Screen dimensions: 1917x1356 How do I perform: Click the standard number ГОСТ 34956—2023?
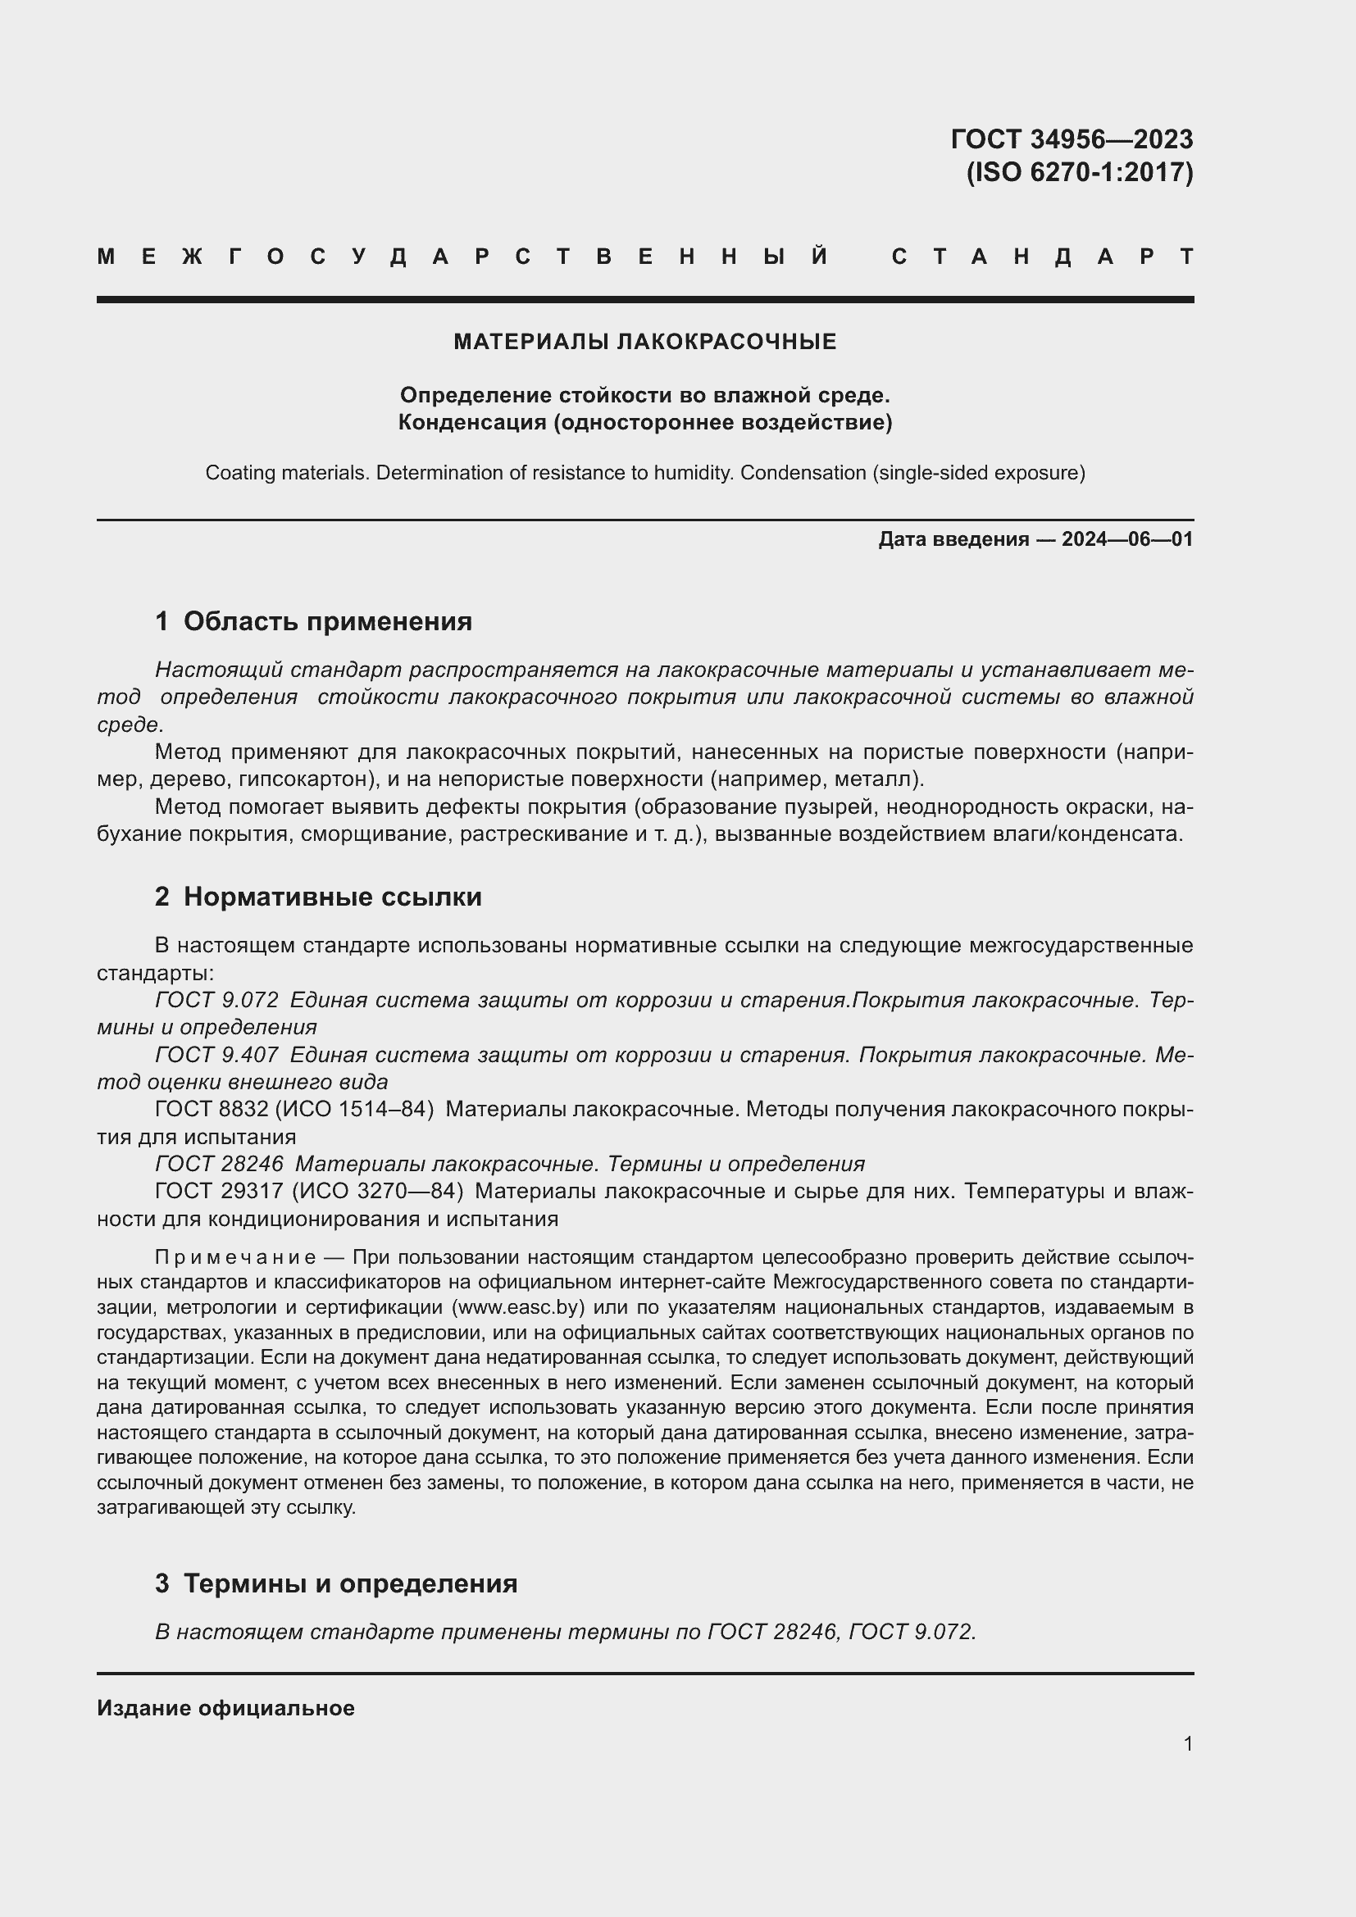pos(1072,139)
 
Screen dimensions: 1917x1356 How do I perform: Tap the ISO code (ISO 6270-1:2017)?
pos(1080,173)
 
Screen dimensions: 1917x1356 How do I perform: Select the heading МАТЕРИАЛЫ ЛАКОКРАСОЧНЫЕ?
pos(644,342)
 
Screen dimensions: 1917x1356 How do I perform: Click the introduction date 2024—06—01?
pos(1127,539)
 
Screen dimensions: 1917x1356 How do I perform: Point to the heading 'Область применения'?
pos(327,621)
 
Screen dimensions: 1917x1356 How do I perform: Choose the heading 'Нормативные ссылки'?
pos(332,897)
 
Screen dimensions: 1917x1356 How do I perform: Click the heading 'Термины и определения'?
pos(350,1583)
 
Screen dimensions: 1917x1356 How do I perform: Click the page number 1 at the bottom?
pos(1188,1743)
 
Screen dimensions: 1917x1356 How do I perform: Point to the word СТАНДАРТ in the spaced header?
pos(1043,257)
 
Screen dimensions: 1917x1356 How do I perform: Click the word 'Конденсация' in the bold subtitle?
pos(471,422)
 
